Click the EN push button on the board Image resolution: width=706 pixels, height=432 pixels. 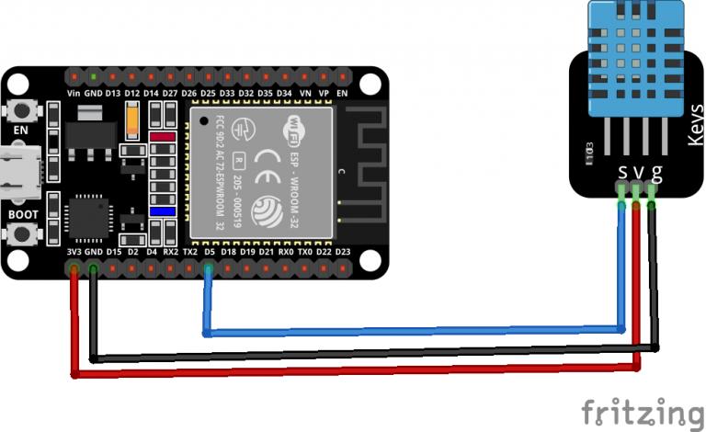[20, 111]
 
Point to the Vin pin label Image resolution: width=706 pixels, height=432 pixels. [74, 93]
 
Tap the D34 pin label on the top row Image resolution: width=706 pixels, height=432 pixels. [284, 93]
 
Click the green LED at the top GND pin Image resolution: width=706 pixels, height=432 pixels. [94, 75]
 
